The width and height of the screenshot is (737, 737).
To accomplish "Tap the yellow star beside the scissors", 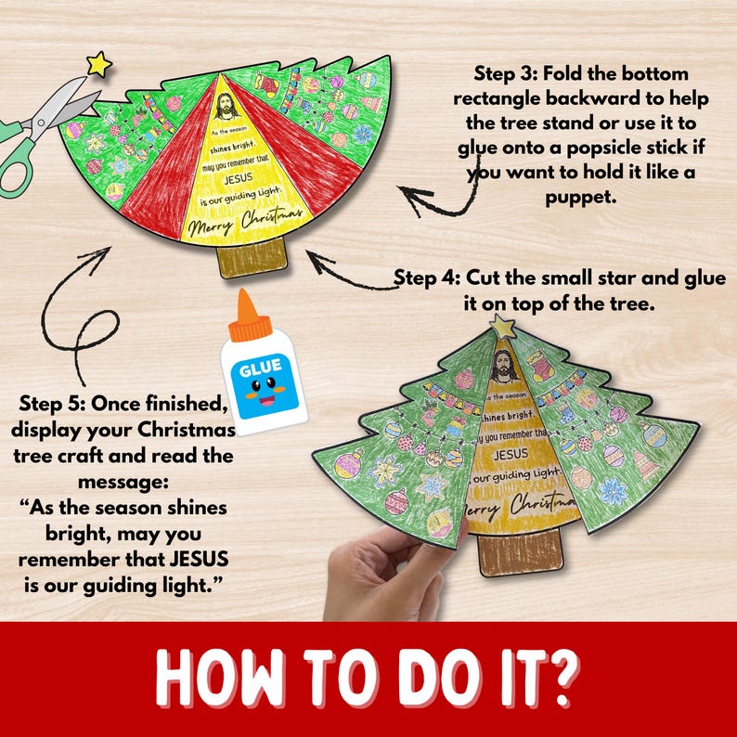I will pos(98,64).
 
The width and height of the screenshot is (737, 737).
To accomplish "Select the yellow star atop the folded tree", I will pos(504,326).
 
